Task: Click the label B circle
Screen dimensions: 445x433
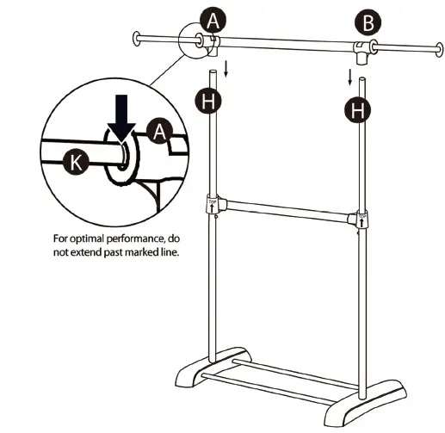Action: [x=368, y=22]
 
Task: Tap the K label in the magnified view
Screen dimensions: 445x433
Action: [x=76, y=162]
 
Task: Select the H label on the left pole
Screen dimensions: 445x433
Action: [x=208, y=101]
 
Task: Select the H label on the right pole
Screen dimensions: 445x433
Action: [x=357, y=110]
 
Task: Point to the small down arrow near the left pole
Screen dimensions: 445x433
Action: [x=226, y=69]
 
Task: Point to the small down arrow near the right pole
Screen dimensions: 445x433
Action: [x=349, y=77]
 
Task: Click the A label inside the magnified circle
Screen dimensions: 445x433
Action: [x=159, y=131]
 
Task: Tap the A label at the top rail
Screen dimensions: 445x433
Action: [x=213, y=21]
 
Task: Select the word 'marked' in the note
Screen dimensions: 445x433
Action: [x=141, y=252]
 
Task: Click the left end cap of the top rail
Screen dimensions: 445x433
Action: [x=136, y=39]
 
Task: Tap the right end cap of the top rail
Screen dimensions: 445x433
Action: [x=440, y=50]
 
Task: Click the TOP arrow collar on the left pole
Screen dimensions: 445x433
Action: [x=213, y=204]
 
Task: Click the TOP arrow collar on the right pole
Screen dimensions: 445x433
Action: [x=362, y=220]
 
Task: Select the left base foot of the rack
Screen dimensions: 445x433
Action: [x=213, y=368]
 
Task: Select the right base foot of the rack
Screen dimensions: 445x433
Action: [x=365, y=403]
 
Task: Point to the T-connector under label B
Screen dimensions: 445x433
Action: [x=362, y=53]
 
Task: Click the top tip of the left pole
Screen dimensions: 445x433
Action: [x=213, y=71]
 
